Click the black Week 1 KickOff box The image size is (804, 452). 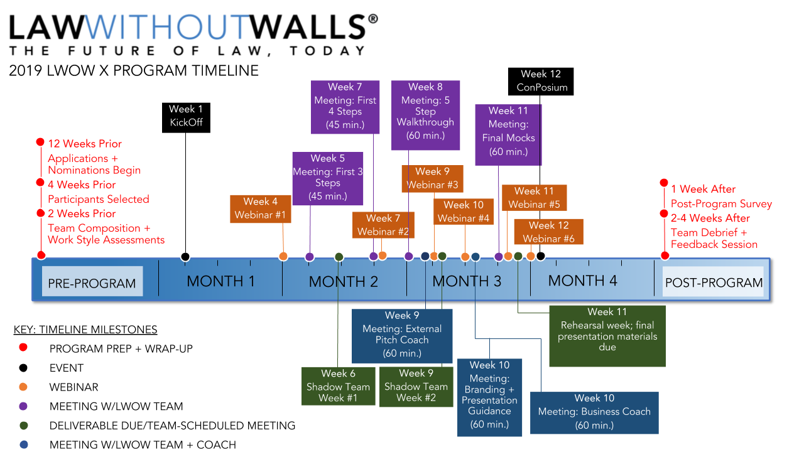tap(186, 117)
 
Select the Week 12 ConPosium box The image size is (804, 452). tap(541, 81)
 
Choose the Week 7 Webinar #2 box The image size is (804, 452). tap(383, 225)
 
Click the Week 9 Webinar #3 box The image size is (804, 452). tap(432, 178)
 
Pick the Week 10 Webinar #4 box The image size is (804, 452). tap(464, 212)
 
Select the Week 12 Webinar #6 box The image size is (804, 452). tap(548, 232)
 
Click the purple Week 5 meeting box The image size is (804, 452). tap(328, 177)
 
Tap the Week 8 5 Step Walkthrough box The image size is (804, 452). tap(425, 115)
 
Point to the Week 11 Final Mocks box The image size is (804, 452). tap(508, 134)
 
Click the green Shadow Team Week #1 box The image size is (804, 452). tap(338, 386)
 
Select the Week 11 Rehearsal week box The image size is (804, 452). tap(607, 336)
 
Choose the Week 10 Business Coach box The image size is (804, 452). tap(594, 412)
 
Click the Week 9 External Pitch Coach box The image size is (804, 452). tap(402, 335)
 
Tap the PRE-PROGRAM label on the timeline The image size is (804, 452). tap(92, 282)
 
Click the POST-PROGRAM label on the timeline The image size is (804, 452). tap(714, 282)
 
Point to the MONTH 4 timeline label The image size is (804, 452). tap(582, 281)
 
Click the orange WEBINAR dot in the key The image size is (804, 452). tap(23, 387)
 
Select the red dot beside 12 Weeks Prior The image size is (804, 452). tap(40, 143)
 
